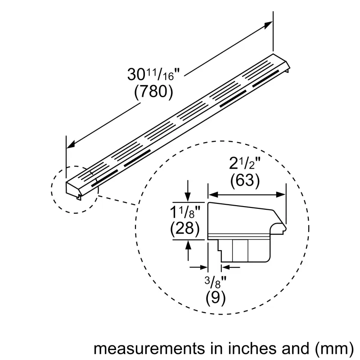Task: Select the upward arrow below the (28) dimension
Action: pos(188,245)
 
